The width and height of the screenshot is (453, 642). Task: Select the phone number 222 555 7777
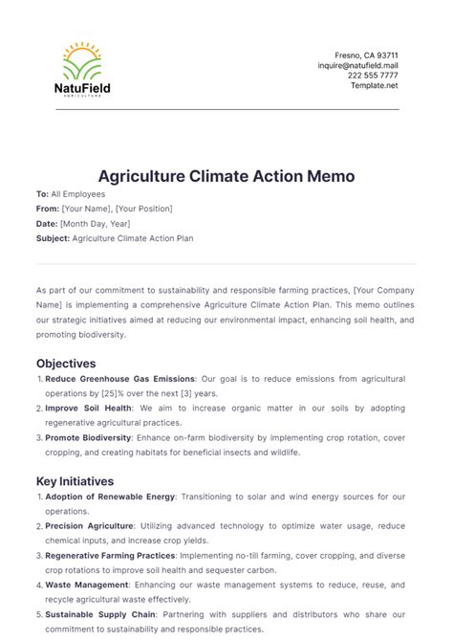(x=373, y=76)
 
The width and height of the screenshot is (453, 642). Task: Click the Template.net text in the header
(x=374, y=85)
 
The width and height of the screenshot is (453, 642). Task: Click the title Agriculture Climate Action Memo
(x=226, y=176)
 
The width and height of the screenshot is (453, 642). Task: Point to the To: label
(x=42, y=193)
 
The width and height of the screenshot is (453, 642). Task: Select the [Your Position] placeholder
(x=146, y=208)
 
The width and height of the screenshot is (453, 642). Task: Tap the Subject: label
(x=53, y=237)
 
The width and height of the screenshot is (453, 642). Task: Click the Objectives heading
(x=66, y=364)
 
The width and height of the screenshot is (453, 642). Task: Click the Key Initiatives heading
(x=75, y=481)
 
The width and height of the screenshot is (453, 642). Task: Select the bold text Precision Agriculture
(x=89, y=525)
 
